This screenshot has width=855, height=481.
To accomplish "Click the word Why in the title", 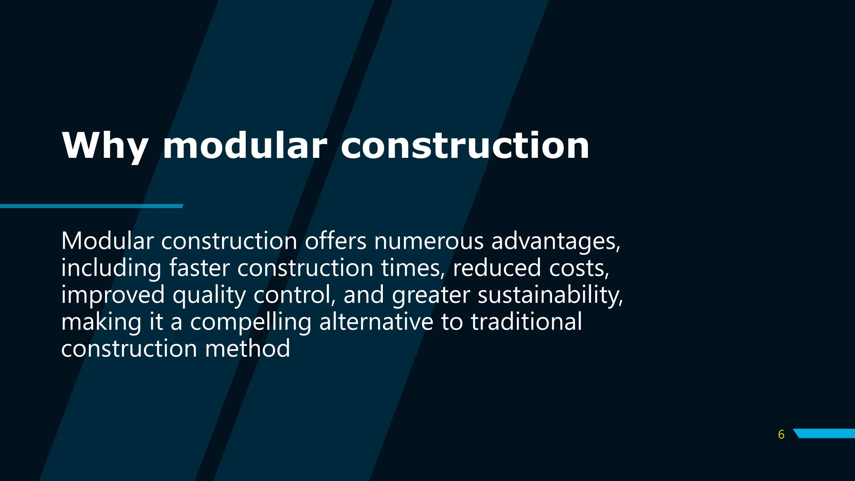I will [x=105, y=146].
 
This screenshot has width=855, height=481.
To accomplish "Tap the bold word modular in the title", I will [x=245, y=146].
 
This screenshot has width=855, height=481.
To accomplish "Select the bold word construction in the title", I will [x=465, y=146].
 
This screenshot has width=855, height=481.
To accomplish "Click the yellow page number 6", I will [x=781, y=435].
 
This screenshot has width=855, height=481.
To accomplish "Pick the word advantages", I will [x=555, y=242].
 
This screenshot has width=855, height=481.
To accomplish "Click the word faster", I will [x=199, y=268].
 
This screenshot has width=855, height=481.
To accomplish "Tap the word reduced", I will [x=497, y=268].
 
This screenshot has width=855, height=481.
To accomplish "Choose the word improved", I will [x=113, y=295].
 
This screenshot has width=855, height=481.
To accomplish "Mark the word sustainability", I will [x=550, y=295].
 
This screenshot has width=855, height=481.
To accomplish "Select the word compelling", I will [x=250, y=322].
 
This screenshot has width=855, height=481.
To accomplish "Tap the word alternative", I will [x=376, y=322].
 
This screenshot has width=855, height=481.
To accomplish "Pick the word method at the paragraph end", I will [x=247, y=349].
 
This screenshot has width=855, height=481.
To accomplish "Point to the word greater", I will [x=431, y=295].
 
